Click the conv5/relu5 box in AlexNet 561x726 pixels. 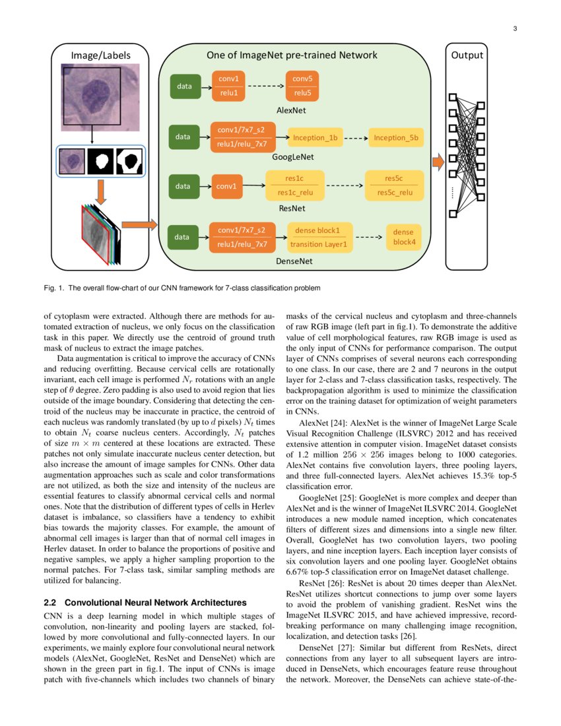[303, 86]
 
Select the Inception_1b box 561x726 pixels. [315, 138]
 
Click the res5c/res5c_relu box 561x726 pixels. [395, 185]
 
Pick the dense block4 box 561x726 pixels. [404, 237]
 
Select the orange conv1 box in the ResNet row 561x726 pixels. [226, 186]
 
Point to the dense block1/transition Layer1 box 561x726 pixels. [319, 238]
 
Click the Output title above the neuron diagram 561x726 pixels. [467, 55]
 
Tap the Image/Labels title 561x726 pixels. [101, 55]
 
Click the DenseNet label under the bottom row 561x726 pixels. [294, 261]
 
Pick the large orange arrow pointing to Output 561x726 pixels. [436, 160]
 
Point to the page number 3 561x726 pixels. [513, 28]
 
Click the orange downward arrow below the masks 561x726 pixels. [100, 191]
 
